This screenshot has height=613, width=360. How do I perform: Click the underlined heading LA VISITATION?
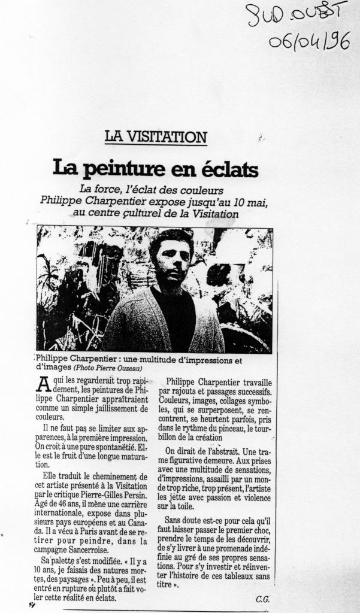[x=156, y=136]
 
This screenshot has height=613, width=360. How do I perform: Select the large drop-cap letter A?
[x=43, y=385]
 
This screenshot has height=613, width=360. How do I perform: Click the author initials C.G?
[x=262, y=599]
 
